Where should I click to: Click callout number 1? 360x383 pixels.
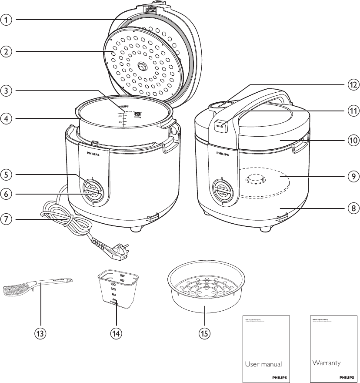pos(6,20)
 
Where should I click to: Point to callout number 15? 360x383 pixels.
pos(204,333)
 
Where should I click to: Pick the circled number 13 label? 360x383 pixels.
pos(40,333)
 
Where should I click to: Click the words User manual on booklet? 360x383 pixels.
pos(263,364)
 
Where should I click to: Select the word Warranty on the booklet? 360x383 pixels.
pos(326,363)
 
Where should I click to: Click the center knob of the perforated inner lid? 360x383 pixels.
pos(142,66)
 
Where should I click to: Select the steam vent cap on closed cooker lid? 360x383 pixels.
pos(221,104)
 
